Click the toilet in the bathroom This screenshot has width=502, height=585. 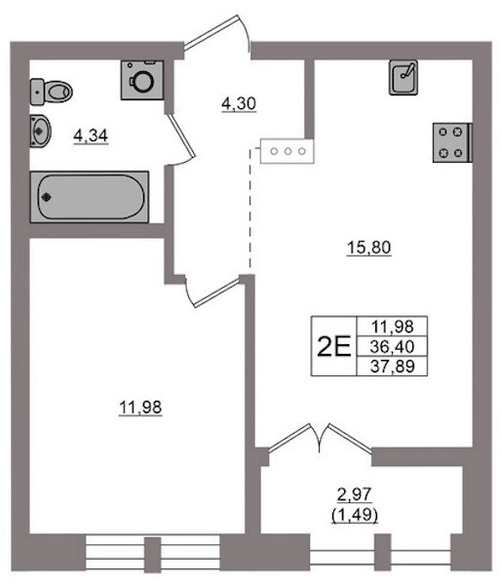[51, 92]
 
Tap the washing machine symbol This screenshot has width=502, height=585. [142, 80]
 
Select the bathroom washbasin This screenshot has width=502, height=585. [40, 131]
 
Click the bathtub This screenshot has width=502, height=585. [90, 197]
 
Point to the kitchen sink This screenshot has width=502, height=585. [404, 78]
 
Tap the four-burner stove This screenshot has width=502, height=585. [452, 142]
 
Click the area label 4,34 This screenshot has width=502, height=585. [91, 136]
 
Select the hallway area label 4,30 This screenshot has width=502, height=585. [239, 103]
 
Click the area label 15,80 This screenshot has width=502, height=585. [368, 248]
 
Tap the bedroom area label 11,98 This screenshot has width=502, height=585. [140, 407]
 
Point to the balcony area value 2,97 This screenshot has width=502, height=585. [354, 494]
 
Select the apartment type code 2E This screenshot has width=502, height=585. [333, 346]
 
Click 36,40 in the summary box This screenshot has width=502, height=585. [392, 346]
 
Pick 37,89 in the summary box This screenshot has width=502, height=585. [393, 366]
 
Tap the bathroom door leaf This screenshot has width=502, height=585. [180, 136]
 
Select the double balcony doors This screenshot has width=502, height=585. [320, 439]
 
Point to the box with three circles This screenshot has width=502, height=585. [288, 151]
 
